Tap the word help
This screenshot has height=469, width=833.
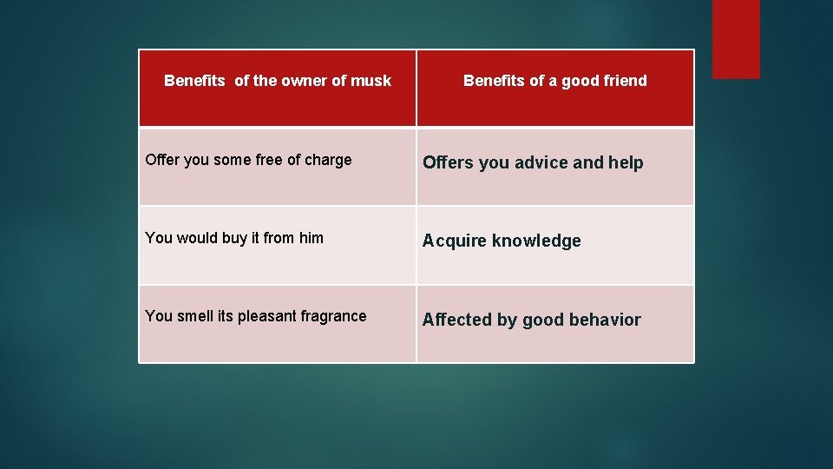click(x=626, y=162)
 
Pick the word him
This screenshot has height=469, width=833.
click(x=311, y=238)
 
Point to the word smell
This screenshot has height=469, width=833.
click(x=194, y=316)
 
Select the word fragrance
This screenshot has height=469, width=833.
click(x=333, y=317)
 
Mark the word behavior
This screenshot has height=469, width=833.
click(x=605, y=320)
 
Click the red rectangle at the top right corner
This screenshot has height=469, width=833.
click(x=736, y=38)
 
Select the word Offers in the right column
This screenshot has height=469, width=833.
click(x=448, y=162)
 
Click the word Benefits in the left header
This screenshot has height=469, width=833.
click(x=194, y=81)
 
